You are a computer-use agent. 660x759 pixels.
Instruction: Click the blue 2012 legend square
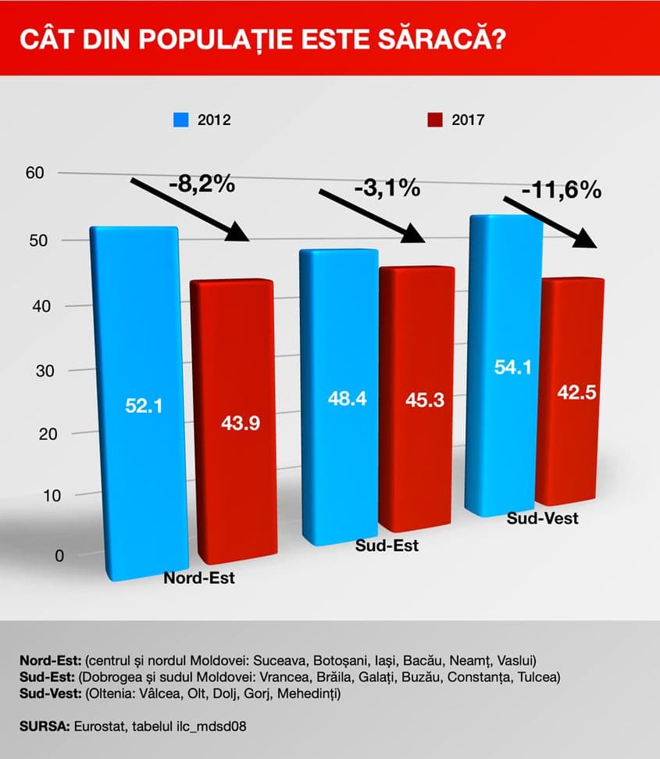(180, 120)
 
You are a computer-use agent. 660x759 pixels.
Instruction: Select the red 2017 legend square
(435, 120)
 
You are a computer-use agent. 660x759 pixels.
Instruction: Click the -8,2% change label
(202, 184)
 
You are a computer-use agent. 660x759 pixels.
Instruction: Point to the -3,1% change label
(387, 189)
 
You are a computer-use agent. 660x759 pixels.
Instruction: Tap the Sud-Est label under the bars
(387, 546)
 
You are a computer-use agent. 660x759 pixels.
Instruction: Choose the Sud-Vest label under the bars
(542, 517)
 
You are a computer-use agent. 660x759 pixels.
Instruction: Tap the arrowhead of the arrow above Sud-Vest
(587, 239)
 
